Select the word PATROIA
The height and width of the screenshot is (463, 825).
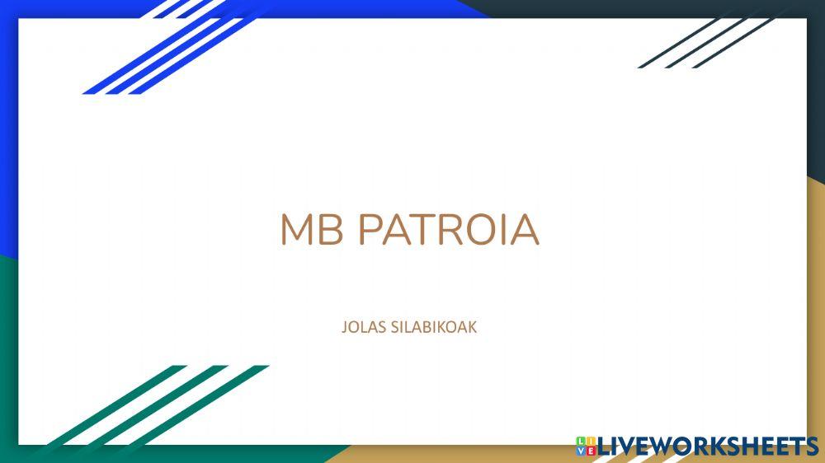[x=448, y=230]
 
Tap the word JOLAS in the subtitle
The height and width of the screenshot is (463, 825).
[x=360, y=327]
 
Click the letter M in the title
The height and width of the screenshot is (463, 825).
[x=298, y=230]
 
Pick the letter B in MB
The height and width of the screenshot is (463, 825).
[x=331, y=230]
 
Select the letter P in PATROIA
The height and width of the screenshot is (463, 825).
[x=370, y=230]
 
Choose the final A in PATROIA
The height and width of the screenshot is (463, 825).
[x=526, y=230]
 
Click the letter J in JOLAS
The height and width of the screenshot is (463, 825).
[x=343, y=327]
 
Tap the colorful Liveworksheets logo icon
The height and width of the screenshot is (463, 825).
[x=586, y=446]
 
